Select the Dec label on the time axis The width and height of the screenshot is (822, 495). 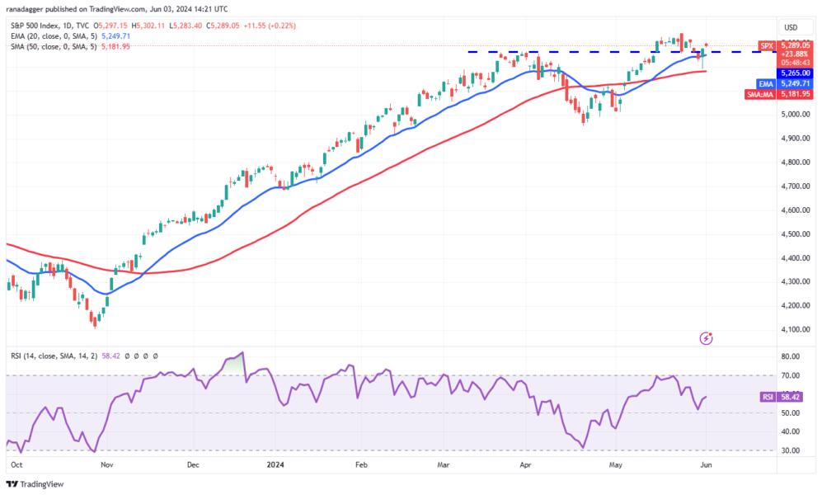click(x=193, y=464)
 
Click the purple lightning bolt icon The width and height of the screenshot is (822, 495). click(x=706, y=337)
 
